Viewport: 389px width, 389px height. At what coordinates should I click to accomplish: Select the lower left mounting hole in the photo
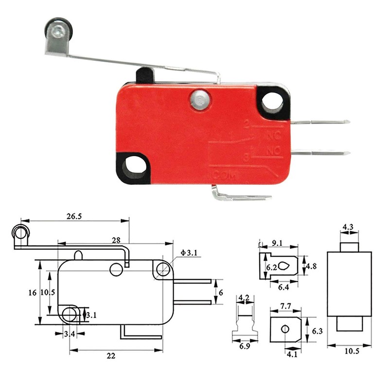133,169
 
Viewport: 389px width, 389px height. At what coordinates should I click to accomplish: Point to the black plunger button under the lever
144,76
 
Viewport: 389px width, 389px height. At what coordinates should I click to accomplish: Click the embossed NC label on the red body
274,136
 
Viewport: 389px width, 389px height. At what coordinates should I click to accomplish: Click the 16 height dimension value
32,292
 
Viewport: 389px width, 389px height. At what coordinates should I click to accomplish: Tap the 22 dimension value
111,356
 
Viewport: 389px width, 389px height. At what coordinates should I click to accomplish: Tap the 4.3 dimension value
348,227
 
